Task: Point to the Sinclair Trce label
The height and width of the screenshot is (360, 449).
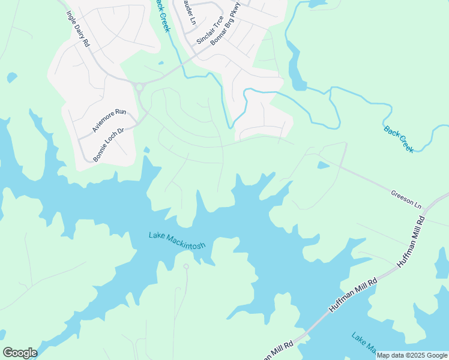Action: coord(210,30)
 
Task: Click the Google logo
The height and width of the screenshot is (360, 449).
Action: coord(20,353)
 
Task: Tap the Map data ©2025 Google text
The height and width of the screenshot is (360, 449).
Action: coord(412,355)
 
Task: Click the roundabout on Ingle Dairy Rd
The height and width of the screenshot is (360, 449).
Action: coord(140,88)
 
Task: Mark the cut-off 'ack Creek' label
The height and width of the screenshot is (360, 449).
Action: coord(163,16)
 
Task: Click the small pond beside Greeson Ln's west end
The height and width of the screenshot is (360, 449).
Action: coord(323,164)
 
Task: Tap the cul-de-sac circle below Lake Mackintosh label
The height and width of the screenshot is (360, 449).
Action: coord(186,266)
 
